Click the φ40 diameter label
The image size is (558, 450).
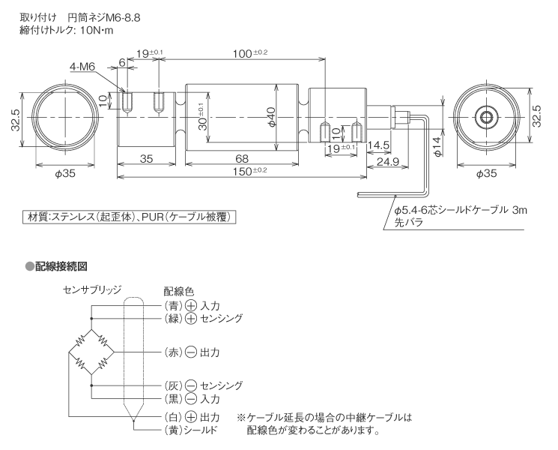pos(272,118)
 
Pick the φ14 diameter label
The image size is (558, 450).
pos(437,145)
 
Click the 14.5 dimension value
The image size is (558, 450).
pos(377,144)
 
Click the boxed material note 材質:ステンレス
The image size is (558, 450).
pos(131,217)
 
